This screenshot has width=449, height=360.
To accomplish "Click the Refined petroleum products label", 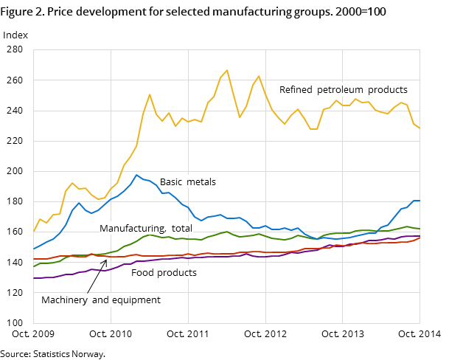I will point(343,90).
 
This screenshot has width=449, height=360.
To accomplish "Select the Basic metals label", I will point(187,182).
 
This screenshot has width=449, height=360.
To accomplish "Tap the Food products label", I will point(164,273).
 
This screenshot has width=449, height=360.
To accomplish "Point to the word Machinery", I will point(64,300).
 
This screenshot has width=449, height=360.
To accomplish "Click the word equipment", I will point(135,300).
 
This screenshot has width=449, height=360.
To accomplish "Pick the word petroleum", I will point(344,90).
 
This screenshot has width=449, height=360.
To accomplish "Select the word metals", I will point(201,182).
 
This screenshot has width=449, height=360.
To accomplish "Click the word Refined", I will point(296,90).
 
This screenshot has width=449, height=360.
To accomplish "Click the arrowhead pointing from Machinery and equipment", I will point(105,261).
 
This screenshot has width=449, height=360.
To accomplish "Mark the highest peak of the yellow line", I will point(227,70).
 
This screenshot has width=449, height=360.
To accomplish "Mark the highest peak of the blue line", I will point(136,175).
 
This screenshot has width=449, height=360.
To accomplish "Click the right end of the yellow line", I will point(420,128).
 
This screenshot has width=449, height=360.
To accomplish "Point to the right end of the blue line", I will point(420,201).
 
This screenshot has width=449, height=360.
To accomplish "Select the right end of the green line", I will point(420,229).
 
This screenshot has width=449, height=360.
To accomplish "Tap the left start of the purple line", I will point(34,278).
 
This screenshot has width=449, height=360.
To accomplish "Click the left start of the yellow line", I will point(34,231).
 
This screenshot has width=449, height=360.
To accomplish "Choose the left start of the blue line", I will point(34,249).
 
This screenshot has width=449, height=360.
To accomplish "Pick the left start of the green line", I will point(34,266).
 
